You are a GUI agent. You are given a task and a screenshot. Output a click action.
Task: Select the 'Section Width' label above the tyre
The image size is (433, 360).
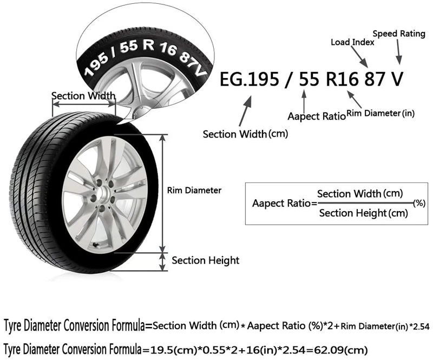click(83, 96)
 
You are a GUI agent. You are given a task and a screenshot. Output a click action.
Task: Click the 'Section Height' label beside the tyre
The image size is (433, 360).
click(205, 260)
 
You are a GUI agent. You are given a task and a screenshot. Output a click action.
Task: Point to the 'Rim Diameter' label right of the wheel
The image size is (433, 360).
click(194, 190)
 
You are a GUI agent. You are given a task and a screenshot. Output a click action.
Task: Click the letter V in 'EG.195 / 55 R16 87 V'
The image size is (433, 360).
click(397, 79)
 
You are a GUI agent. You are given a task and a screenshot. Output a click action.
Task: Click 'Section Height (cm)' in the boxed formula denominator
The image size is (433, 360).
click(363, 213)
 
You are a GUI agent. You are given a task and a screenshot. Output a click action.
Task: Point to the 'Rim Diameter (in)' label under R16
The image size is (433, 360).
click(381, 113)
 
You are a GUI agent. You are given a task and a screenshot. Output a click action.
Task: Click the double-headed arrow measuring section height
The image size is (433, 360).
click(163, 261)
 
